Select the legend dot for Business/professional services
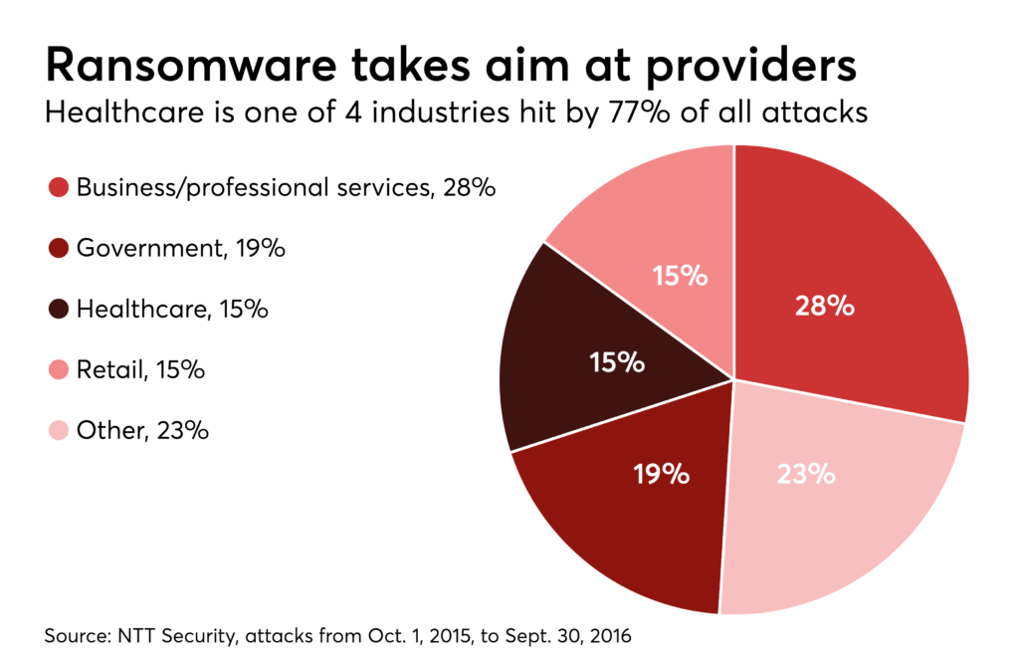(58, 187)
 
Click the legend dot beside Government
(58, 248)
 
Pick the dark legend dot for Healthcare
(58, 309)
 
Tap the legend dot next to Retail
(58, 370)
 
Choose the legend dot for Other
(58, 431)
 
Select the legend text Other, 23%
(142, 431)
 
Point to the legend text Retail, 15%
(140, 370)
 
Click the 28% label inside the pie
(824, 306)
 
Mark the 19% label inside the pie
(662, 474)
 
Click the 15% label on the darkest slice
(616, 363)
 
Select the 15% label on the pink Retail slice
(680, 276)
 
